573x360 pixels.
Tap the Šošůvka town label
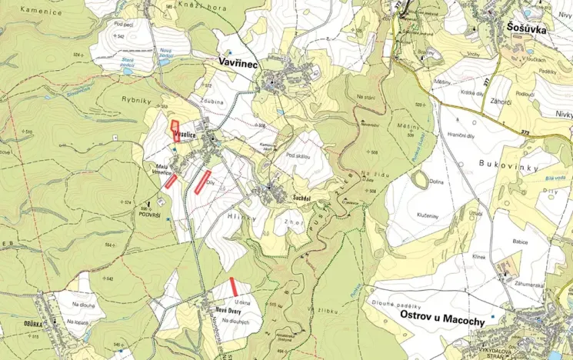pyautogui.click(x=527, y=28)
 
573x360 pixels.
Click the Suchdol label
pyautogui.click(x=301, y=198)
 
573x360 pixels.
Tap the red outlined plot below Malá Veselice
pyautogui.click(x=171, y=181)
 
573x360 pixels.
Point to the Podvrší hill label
pyautogui.click(x=149, y=215)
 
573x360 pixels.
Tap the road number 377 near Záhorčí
pyautogui.click(x=487, y=79)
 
